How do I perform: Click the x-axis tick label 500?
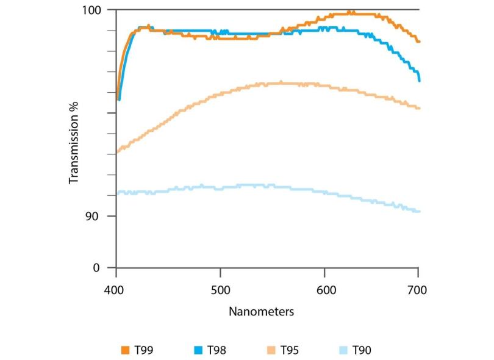[220, 290]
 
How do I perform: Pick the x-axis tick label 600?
[324, 290]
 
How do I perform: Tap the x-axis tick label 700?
[418, 290]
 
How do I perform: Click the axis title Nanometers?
[262, 312]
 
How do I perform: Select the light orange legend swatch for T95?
[269, 350]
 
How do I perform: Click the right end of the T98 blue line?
[420, 80]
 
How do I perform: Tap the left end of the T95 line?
[116, 151]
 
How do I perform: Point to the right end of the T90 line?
[420, 212]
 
